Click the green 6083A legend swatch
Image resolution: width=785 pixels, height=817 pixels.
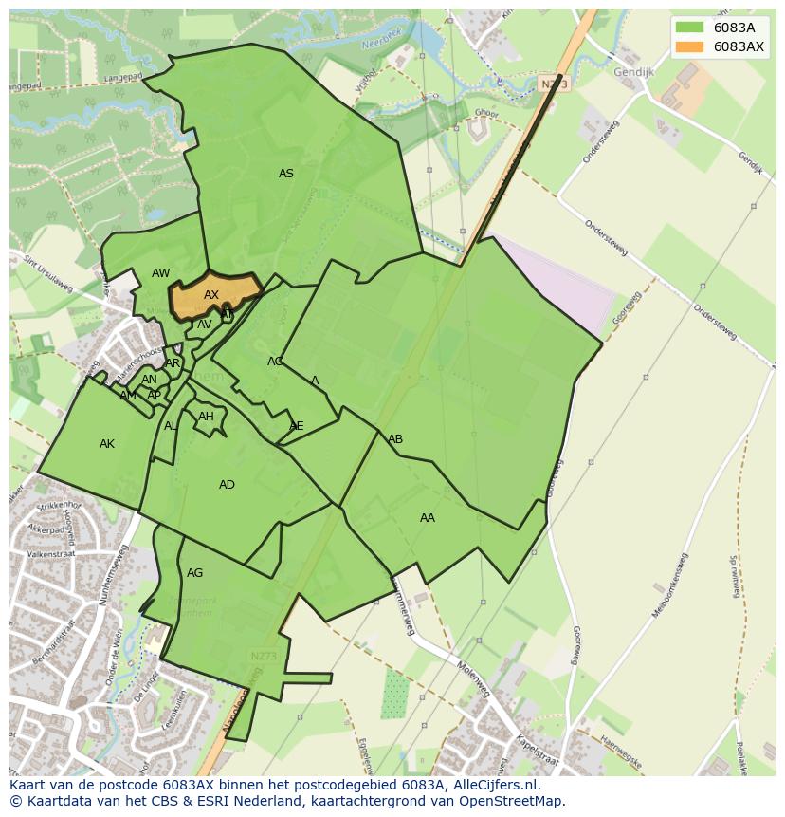point(689,28)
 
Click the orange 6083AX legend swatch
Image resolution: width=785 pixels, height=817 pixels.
point(689,46)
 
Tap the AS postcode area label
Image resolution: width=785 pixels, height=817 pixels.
point(285,174)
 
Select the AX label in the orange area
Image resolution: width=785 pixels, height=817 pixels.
point(211,295)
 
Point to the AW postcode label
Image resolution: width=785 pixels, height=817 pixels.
point(161,273)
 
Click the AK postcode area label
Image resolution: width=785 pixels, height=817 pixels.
point(107,444)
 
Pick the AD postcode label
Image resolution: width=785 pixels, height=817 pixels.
point(227,485)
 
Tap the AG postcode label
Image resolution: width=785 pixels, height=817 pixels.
point(194,573)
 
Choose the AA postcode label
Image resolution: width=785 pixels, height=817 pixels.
point(428,518)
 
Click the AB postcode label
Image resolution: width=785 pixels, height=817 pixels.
point(395,439)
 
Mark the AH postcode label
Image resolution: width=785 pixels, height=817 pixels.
point(206,417)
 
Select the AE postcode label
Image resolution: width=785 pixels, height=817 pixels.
point(297,426)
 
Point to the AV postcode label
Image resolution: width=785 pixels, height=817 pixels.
point(205,325)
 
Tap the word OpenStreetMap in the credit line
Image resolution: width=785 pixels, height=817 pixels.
point(516,801)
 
